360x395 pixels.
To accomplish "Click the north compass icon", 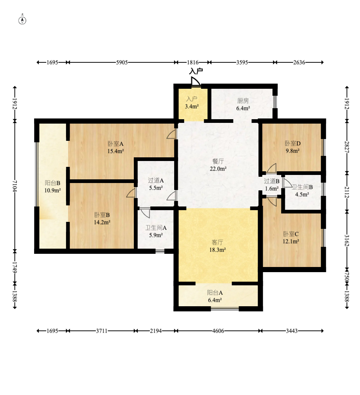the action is (x=22, y=20).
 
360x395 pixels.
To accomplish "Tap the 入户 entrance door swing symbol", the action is (x=195, y=81).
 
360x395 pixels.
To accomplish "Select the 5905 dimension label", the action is (x=122, y=62).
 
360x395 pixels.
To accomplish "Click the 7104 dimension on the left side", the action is (x=15, y=186).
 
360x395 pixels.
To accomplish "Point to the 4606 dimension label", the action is (x=218, y=331).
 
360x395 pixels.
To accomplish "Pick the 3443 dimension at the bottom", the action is (x=292, y=331).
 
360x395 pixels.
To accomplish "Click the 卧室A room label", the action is (x=115, y=144).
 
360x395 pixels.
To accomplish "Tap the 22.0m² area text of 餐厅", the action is (x=218, y=169).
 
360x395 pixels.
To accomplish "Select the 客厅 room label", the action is (x=217, y=242).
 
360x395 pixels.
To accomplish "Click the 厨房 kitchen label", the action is (x=243, y=101).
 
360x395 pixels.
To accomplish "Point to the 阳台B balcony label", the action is (x=53, y=183).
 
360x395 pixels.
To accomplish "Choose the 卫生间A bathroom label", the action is (x=156, y=228).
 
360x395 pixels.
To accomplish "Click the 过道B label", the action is (x=272, y=181).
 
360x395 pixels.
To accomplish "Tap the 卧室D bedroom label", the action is (x=293, y=143).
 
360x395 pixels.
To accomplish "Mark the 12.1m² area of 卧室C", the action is (x=291, y=241).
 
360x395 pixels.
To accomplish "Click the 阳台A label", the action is (x=215, y=292).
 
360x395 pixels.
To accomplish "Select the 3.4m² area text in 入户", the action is (x=192, y=106).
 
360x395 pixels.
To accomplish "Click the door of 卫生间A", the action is (x=145, y=213).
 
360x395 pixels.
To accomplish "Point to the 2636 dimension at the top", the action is (x=299, y=62).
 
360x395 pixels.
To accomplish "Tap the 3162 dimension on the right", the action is (x=347, y=241).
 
